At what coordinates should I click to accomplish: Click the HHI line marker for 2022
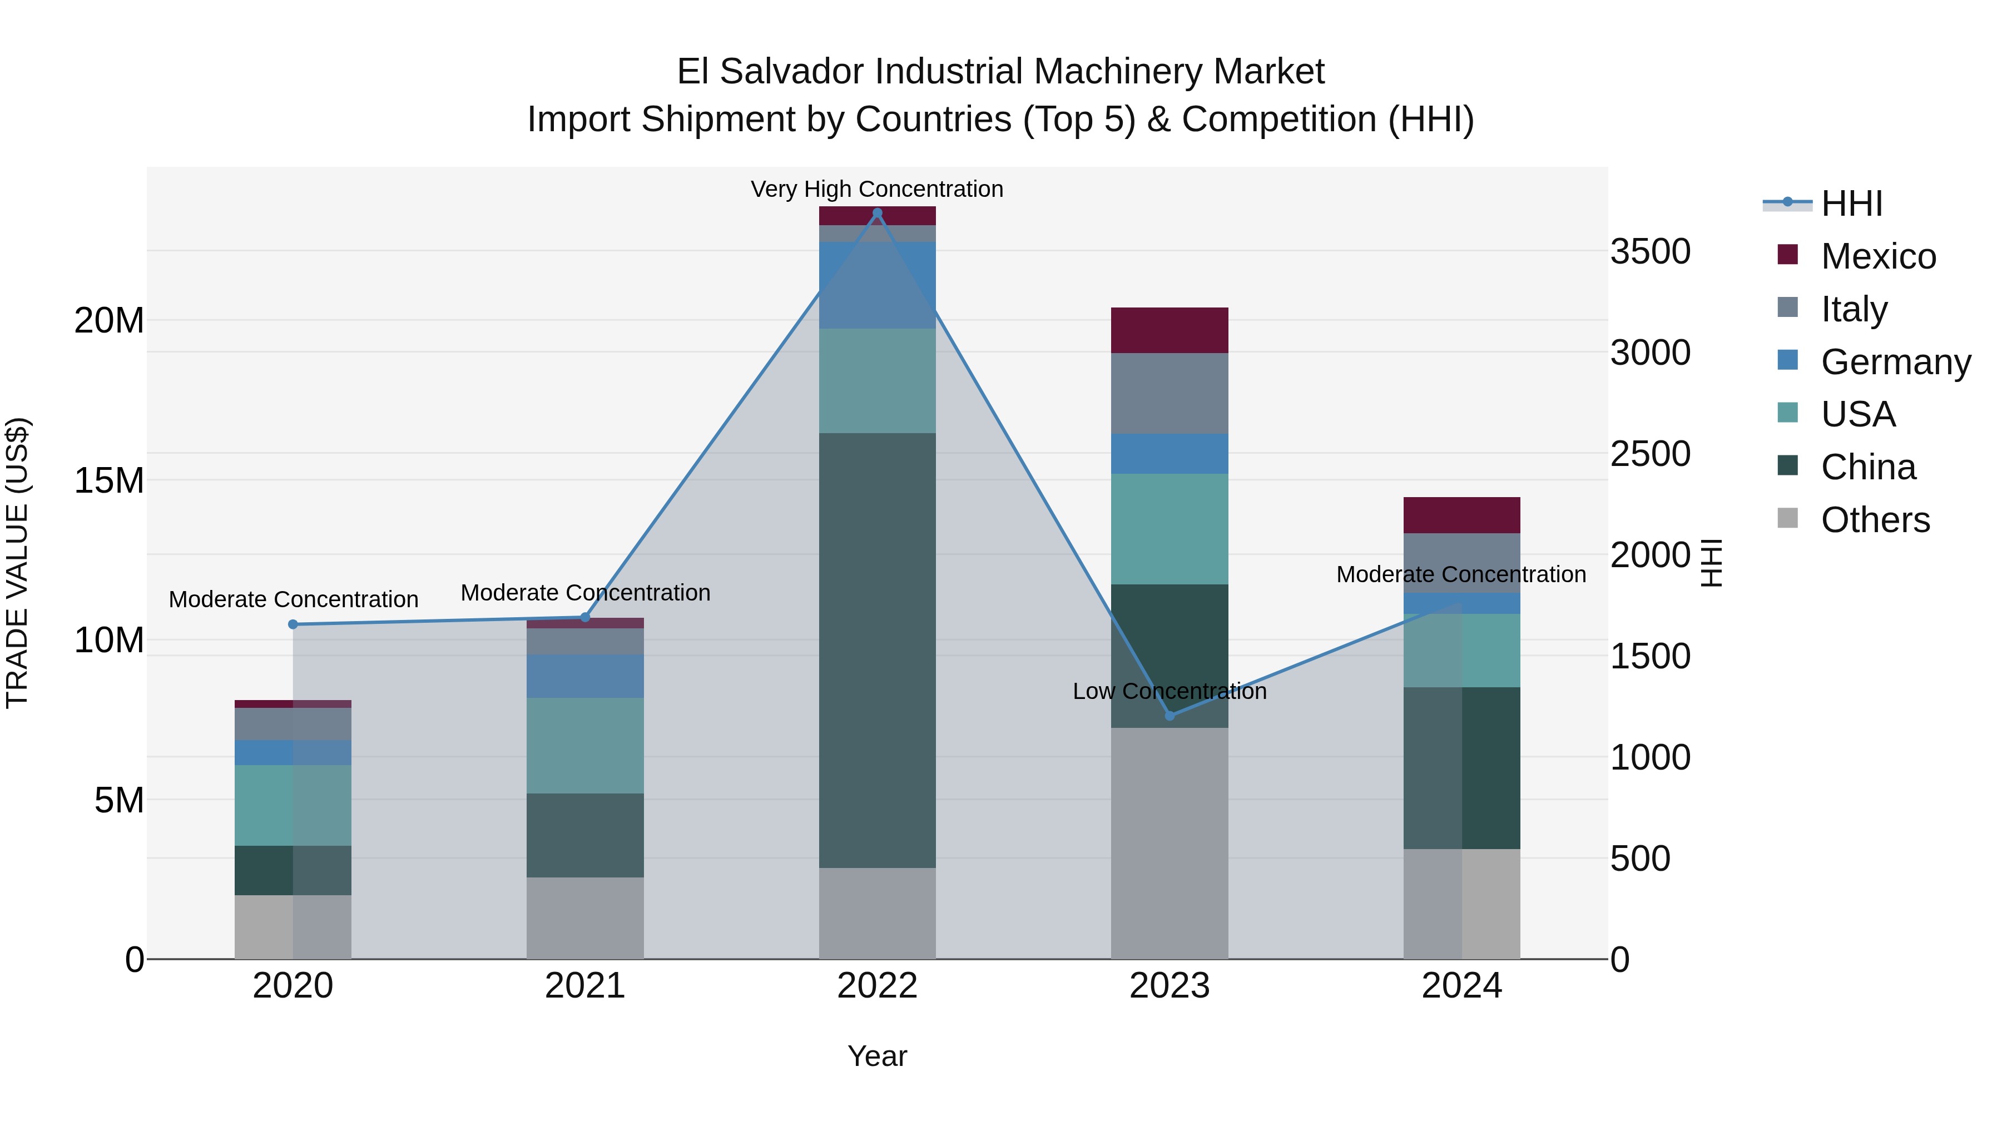878,213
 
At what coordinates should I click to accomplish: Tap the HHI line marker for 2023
1170,715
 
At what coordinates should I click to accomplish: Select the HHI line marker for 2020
293,624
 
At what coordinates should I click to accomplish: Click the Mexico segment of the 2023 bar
1170,330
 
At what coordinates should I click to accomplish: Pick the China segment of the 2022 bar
878,651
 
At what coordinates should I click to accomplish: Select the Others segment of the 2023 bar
1170,843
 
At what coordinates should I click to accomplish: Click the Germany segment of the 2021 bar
585,676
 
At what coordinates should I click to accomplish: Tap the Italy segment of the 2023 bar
1170,393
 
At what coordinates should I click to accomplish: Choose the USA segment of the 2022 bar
878,381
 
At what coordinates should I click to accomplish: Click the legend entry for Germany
1895,362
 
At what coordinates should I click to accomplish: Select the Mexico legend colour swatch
1787,255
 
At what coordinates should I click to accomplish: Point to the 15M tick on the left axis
109,481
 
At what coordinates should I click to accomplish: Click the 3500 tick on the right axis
1650,252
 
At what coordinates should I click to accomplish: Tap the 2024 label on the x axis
1461,986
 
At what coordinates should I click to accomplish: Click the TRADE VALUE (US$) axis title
17,563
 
